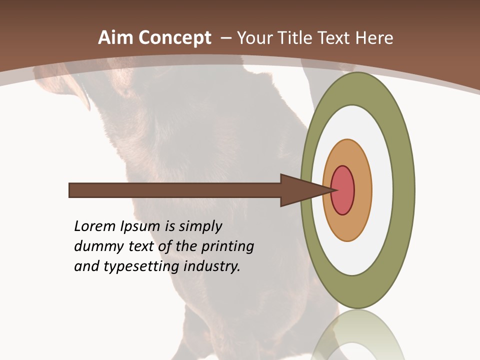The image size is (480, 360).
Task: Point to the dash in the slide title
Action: pos(225,38)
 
